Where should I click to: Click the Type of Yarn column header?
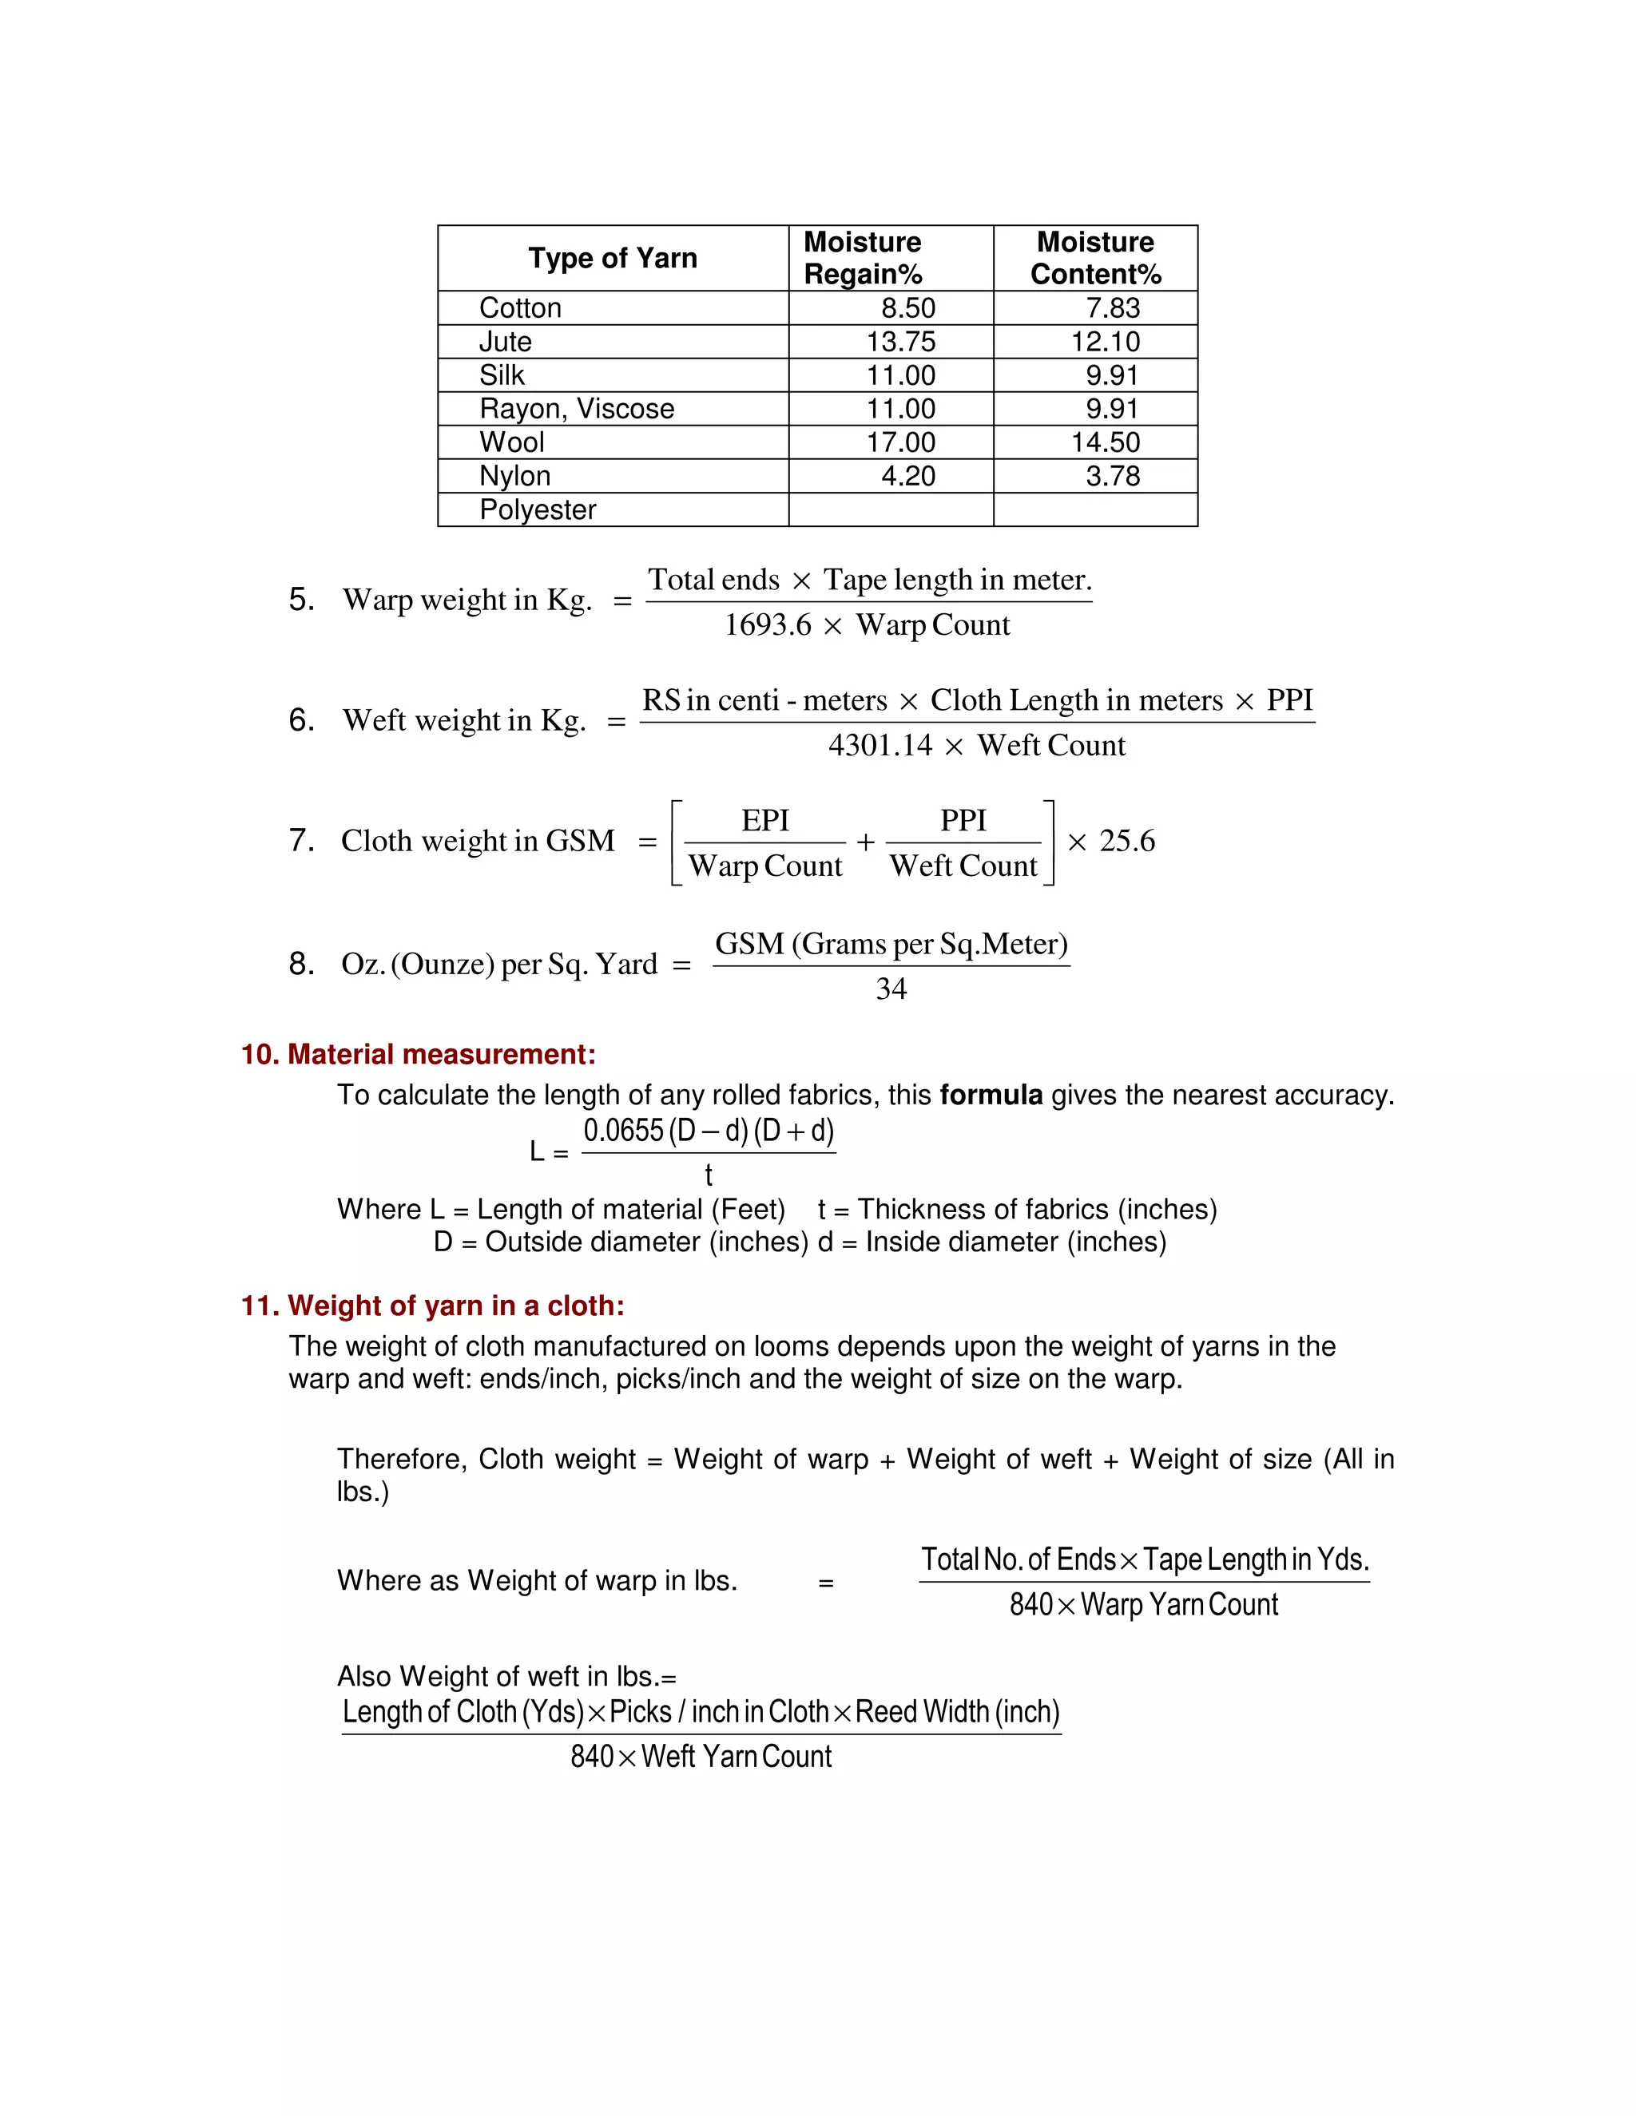tap(613, 258)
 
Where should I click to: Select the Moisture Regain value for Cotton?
tap(907, 308)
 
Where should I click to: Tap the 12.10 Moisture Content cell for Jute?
tap(1105, 341)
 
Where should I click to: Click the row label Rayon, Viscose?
tap(577, 409)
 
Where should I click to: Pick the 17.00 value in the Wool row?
tap(900, 443)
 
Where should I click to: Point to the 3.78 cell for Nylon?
tap(1112, 476)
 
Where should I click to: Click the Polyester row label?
tap(538, 509)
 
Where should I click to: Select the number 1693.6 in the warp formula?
tap(768, 625)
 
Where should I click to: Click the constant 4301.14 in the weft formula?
tap(880, 745)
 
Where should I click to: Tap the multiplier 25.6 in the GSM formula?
tap(1126, 841)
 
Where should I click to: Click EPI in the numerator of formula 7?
tap(764, 821)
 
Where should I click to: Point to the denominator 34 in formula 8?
tap(891, 989)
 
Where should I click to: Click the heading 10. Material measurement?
tap(418, 1054)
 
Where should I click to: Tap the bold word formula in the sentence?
tap(991, 1095)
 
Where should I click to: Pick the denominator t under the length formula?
tap(709, 1175)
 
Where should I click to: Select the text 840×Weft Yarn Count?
tap(701, 1757)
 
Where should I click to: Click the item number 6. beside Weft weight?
tap(301, 720)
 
